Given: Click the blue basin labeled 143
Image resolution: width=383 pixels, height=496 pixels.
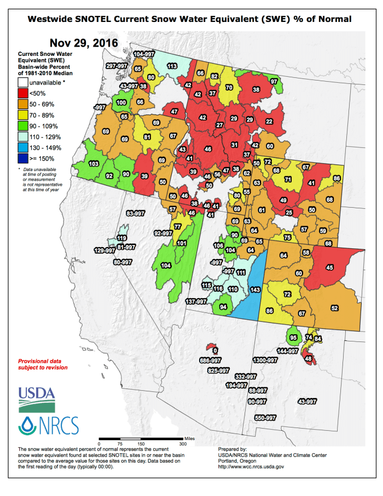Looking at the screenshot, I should pyautogui.click(x=254, y=289).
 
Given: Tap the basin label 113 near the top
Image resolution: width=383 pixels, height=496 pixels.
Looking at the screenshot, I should pyautogui.click(x=172, y=66).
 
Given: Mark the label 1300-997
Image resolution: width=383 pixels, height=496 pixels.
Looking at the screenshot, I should pyautogui.click(x=265, y=360).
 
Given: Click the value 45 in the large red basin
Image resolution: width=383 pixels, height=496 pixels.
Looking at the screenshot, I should pyautogui.click(x=329, y=267).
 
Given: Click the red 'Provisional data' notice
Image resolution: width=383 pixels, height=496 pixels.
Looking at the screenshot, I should pyautogui.click(x=43, y=364).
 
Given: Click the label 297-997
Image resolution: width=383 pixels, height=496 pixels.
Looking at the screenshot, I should pyautogui.click(x=117, y=66).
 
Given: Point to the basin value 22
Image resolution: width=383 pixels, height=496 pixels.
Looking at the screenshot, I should pyautogui.click(x=269, y=121).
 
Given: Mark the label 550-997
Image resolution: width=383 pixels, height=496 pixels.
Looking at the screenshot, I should pyautogui.click(x=266, y=418).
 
